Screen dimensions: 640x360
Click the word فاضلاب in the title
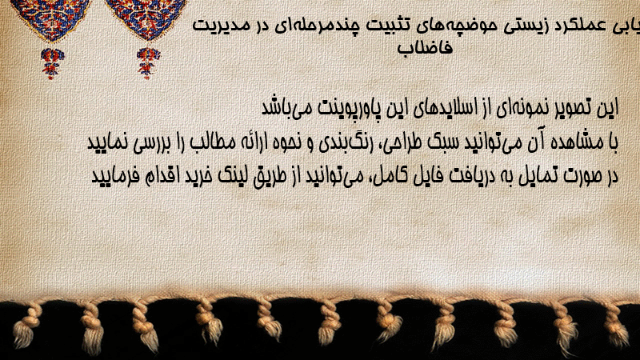426,48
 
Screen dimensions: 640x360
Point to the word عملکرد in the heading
581,26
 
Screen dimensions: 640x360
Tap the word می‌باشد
282,108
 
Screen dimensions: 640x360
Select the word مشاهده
574,142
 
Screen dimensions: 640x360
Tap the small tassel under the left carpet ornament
51,63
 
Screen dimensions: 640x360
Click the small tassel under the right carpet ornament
148,63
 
